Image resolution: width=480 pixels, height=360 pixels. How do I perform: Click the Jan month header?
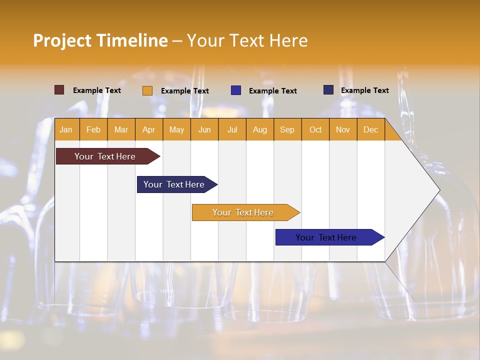66,129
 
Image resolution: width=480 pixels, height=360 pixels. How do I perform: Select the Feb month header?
93,129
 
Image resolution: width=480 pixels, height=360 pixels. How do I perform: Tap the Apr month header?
148,129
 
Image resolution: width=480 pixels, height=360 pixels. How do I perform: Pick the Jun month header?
204,129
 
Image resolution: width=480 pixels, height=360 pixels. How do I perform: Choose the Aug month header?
259,129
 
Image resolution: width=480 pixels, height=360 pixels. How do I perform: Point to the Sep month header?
287,129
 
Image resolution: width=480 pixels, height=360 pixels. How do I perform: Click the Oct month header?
315,129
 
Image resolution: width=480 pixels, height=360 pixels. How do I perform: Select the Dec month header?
370,129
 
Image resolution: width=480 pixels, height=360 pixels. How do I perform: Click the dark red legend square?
59,90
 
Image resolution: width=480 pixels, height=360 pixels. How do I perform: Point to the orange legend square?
147,90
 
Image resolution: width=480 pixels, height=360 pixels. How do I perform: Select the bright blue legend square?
236,90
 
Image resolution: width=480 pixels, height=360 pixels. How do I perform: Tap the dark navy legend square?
328,90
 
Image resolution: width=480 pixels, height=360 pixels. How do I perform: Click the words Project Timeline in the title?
100,40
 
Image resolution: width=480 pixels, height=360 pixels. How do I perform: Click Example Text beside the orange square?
185,91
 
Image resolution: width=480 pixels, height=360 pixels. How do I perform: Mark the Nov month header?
343,129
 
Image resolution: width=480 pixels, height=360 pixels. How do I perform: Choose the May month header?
176,129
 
